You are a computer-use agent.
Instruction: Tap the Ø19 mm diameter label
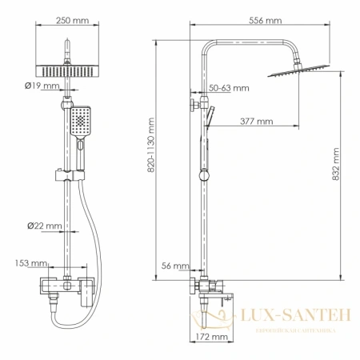pyautogui.click(x=42, y=85)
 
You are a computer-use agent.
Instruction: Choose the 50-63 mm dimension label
pyautogui.click(x=229, y=87)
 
